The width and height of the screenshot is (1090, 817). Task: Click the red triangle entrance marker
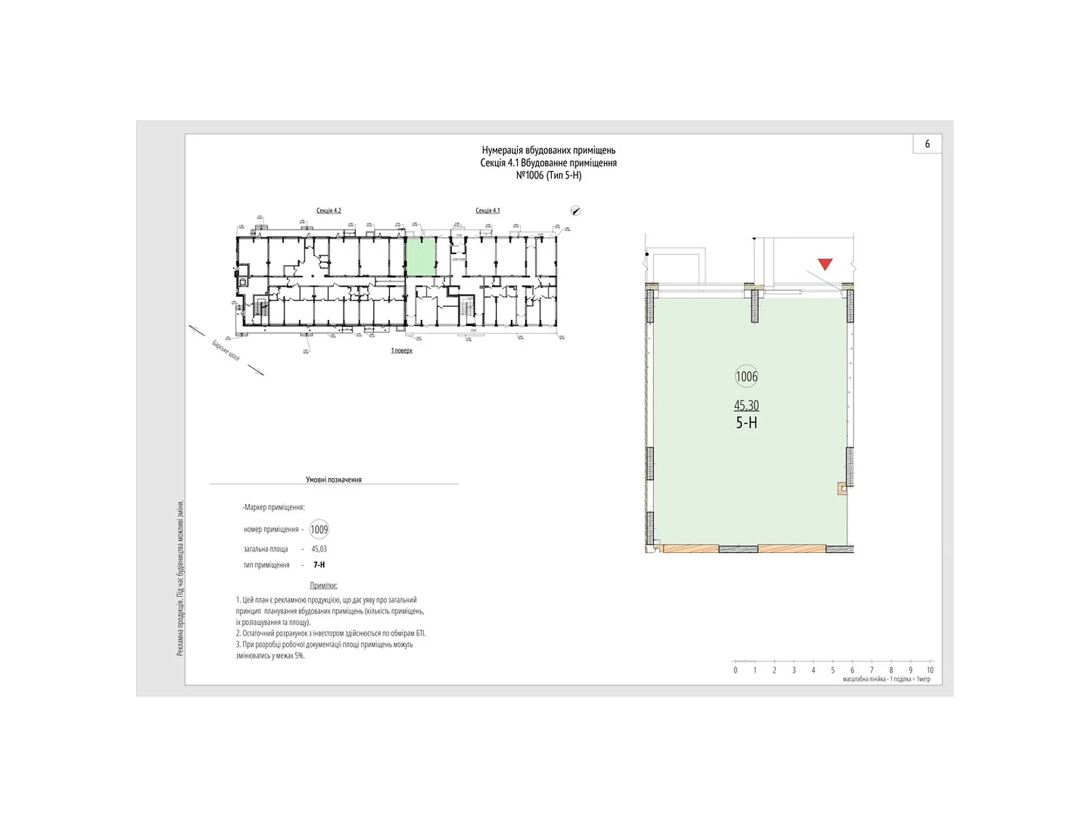click(x=825, y=264)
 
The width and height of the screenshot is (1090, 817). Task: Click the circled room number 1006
click(x=747, y=377)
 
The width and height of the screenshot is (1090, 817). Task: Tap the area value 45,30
click(x=746, y=405)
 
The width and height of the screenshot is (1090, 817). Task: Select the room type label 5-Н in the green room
click(x=747, y=423)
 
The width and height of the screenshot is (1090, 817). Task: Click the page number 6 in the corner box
click(x=927, y=144)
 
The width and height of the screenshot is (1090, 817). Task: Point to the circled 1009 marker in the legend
click(x=319, y=530)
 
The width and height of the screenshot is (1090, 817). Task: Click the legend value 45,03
click(x=319, y=549)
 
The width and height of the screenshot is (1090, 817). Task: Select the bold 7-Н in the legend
click(x=319, y=565)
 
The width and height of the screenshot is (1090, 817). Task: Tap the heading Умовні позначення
click(x=334, y=479)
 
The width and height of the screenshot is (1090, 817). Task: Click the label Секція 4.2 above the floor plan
click(x=328, y=210)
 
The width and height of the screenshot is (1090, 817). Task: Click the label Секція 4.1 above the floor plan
click(x=488, y=210)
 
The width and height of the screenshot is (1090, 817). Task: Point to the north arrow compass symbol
click(x=576, y=211)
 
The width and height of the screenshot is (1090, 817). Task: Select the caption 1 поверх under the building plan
click(x=401, y=351)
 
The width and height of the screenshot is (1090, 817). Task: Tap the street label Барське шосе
click(x=225, y=351)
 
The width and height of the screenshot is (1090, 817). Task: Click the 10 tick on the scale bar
click(x=930, y=670)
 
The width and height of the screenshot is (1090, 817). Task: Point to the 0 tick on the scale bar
click(x=736, y=670)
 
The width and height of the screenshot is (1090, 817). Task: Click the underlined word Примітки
click(x=324, y=586)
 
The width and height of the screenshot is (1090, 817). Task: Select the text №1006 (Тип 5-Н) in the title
click(x=548, y=175)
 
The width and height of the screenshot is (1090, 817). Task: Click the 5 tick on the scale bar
click(x=832, y=670)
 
